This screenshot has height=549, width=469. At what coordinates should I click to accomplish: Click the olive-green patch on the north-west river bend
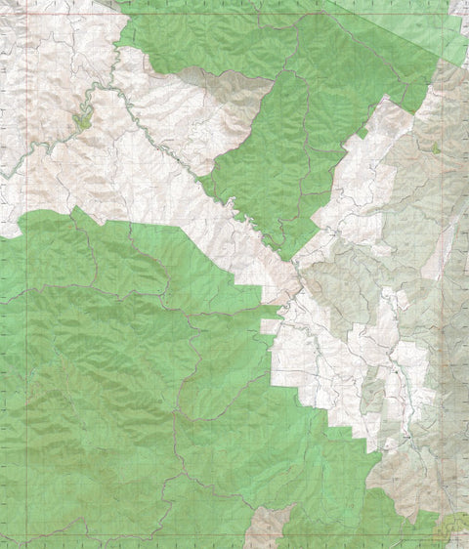[x=82, y=122]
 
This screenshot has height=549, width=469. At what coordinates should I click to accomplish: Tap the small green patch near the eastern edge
[x=435, y=148]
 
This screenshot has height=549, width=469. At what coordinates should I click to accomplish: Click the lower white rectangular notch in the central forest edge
[x=269, y=327]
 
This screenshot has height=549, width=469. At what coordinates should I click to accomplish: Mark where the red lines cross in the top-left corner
[x=27, y=15]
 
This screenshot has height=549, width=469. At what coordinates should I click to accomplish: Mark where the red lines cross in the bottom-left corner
[x=27, y=535]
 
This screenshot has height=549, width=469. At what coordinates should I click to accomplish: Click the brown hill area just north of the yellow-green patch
[x=410, y=488]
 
